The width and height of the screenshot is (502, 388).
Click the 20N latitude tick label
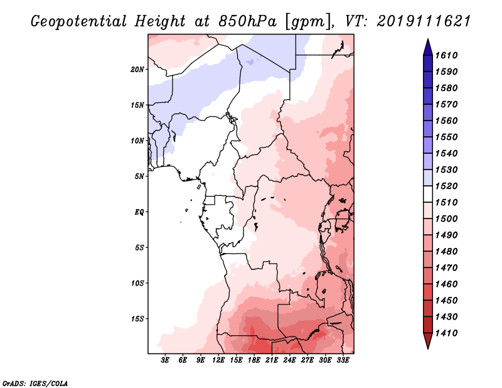pos(137,69)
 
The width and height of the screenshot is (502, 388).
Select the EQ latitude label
pos(139,212)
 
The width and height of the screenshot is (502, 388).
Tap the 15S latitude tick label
pos(137,318)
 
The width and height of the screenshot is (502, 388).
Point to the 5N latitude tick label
pos(139,176)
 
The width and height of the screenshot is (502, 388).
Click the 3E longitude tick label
pos(166,360)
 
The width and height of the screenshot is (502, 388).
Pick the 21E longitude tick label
pos(272,360)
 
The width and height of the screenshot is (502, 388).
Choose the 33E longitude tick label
pos(343,360)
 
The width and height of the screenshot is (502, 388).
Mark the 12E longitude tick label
pos(218,360)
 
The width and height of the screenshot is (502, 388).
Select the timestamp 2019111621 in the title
pos(424,21)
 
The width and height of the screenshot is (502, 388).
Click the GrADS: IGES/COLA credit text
pos(27,382)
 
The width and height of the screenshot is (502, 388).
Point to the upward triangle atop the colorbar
pos(427,45)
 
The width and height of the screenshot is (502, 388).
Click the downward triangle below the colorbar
pos(427,342)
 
